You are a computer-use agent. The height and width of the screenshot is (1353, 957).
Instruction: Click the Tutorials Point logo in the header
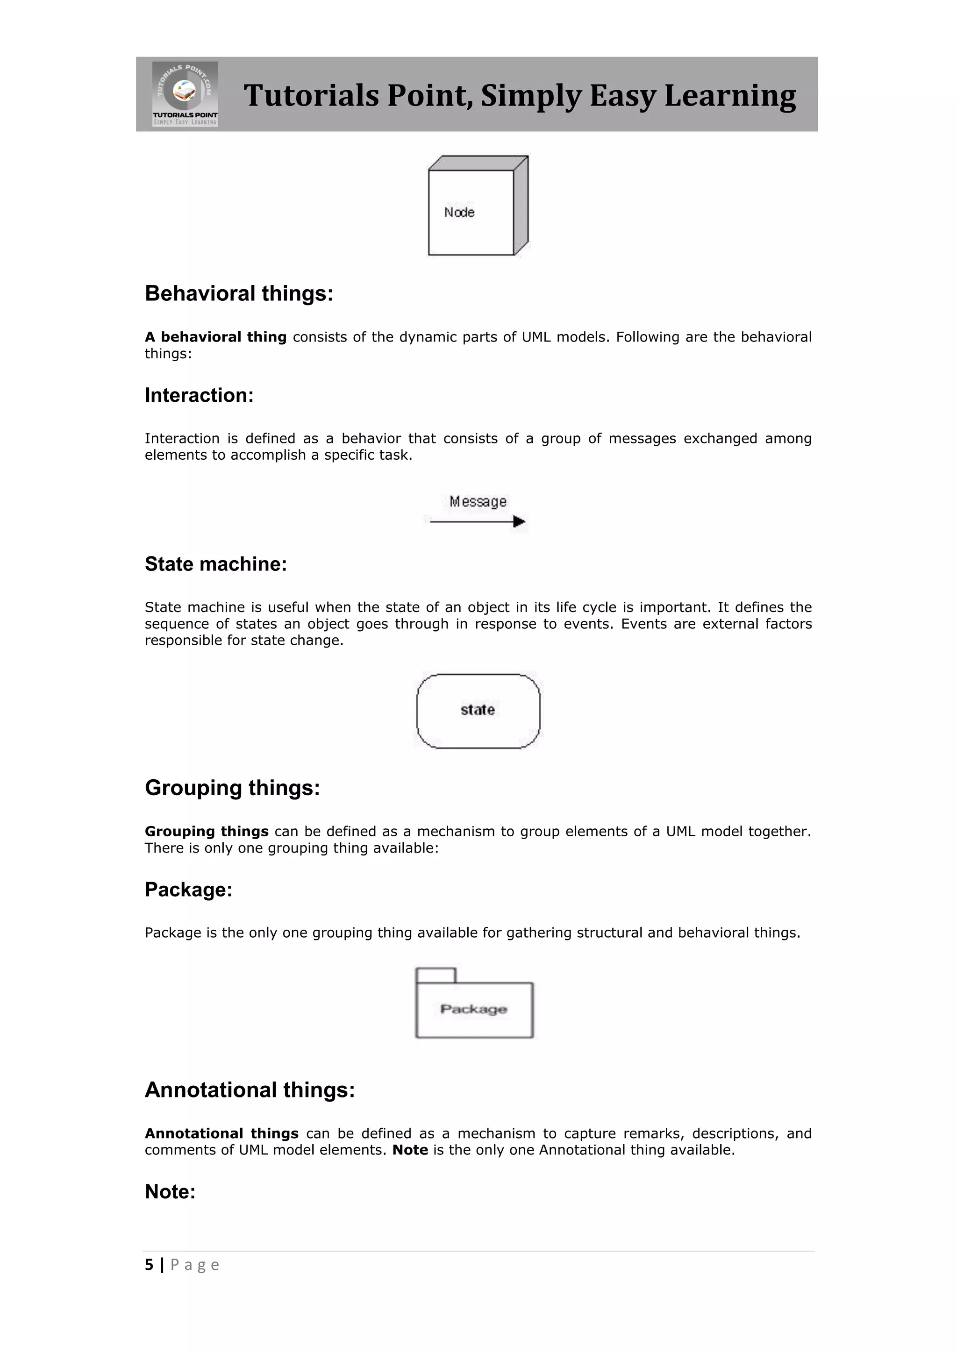[x=185, y=94]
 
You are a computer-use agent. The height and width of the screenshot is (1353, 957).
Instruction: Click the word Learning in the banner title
[x=729, y=95]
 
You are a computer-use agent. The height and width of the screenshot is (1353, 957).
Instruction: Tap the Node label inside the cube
[x=459, y=212]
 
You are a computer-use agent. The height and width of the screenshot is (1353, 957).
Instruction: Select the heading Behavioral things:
[x=239, y=293]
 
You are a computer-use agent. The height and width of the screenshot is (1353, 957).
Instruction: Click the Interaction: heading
[x=199, y=395]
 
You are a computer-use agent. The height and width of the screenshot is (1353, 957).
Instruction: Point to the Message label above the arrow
[x=478, y=501]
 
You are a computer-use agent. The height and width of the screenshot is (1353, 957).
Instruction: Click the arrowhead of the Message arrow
[x=519, y=521]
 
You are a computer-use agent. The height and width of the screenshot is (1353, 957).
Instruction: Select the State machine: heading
[x=216, y=564]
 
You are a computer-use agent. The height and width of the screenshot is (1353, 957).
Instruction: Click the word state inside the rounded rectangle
[x=477, y=710]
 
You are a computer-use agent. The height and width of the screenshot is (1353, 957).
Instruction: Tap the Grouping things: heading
[x=232, y=788]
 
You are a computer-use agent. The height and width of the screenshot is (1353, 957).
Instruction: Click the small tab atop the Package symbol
[x=436, y=975]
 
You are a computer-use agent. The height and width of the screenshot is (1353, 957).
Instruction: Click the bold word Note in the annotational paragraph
[x=410, y=1150]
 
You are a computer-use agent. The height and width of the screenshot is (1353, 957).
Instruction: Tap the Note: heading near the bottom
[x=170, y=1191]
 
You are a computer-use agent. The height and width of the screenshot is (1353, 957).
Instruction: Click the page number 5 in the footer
[x=149, y=1265]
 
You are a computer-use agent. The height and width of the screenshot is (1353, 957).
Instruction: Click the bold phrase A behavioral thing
[x=216, y=337]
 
